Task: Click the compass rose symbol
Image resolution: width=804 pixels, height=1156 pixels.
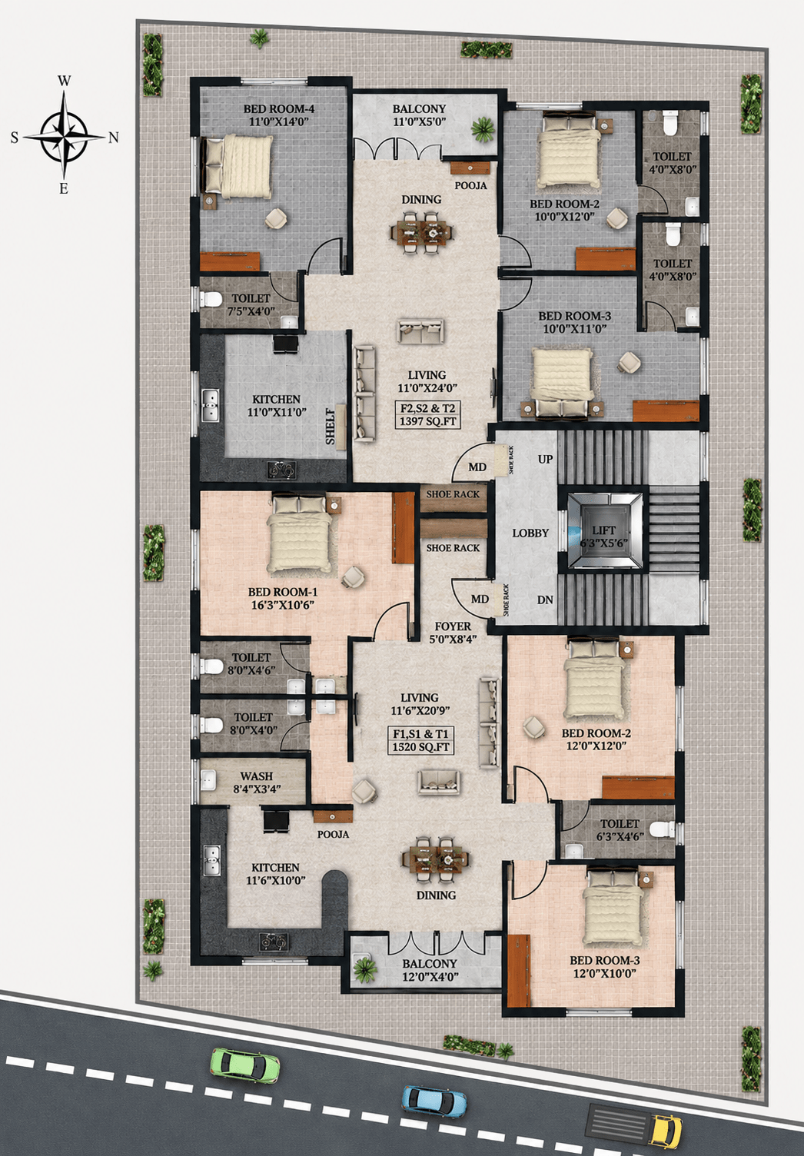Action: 65,135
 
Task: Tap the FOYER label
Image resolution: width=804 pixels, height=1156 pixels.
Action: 453,626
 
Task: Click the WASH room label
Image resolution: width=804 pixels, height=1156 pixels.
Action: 256,776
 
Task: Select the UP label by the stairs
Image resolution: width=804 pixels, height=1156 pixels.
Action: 545,459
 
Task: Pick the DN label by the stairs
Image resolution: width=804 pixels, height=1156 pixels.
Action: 545,600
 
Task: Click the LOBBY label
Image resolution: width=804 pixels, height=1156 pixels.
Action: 530,533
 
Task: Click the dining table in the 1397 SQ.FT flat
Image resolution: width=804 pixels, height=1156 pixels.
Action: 423,231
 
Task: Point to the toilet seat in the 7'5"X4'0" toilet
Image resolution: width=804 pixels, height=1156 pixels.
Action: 212,298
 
